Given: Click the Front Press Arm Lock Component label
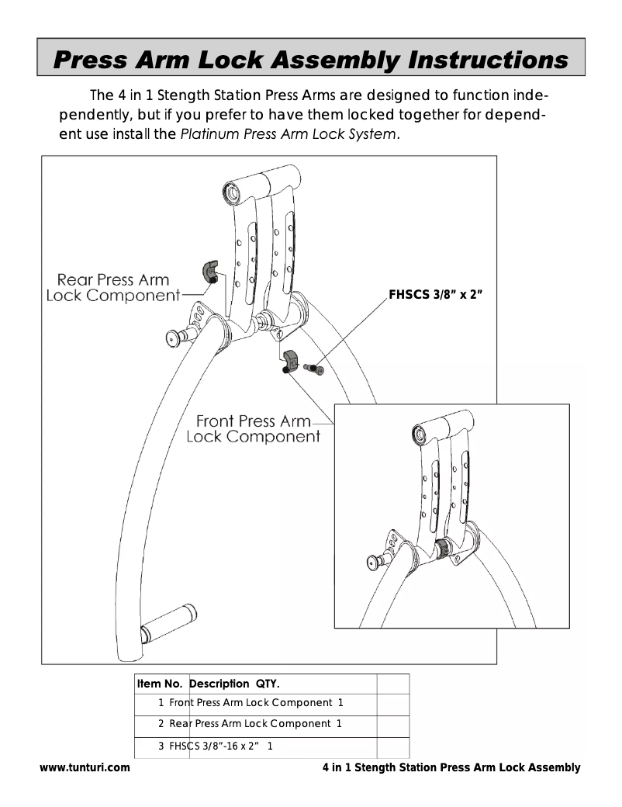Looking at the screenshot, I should point(253,428).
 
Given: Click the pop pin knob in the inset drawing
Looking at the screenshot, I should point(376,559).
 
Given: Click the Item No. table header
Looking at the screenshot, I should point(159,684).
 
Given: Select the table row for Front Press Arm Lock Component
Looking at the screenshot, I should point(251,703).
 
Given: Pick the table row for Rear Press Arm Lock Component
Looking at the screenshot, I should point(251,724).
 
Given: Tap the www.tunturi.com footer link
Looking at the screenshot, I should point(85,767).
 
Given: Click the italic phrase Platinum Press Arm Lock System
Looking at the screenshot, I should point(289,135).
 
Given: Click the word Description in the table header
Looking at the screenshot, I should point(220,684).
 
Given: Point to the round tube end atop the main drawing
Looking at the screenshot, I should point(231,190).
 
